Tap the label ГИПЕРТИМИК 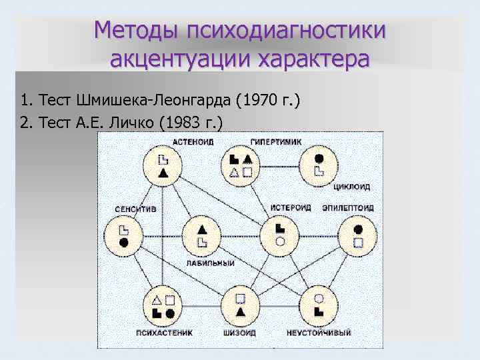pyautogui.click(x=276, y=141)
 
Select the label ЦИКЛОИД pyautogui.click(x=351, y=187)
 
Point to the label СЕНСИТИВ pyautogui.click(x=136, y=209)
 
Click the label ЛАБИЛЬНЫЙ pyautogui.click(x=211, y=263)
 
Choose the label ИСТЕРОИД pyautogui.click(x=291, y=208)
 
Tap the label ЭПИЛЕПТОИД pyautogui.click(x=347, y=208)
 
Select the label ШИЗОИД pyautogui.click(x=241, y=331)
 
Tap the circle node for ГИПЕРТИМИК pyautogui.click(x=240, y=165)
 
